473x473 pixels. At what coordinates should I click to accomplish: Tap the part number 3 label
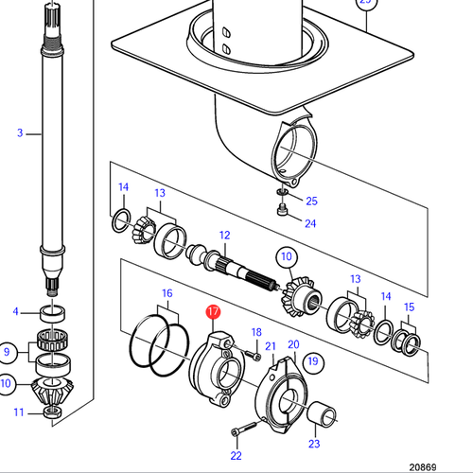pyautogui.click(x=19, y=133)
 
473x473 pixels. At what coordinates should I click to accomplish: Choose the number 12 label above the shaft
pyautogui.click(x=225, y=235)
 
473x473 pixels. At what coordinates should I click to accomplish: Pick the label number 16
pyautogui.click(x=166, y=294)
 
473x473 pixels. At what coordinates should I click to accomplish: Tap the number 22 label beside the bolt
pyautogui.click(x=236, y=458)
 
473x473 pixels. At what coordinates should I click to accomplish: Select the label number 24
pyautogui.click(x=311, y=223)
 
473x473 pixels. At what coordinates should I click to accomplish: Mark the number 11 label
pyautogui.click(x=18, y=412)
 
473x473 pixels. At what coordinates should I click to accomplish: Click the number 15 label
pyautogui.click(x=409, y=307)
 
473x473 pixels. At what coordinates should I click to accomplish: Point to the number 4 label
pyautogui.click(x=16, y=311)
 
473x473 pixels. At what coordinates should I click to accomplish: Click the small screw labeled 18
pyautogui.click(x=252, y=357)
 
